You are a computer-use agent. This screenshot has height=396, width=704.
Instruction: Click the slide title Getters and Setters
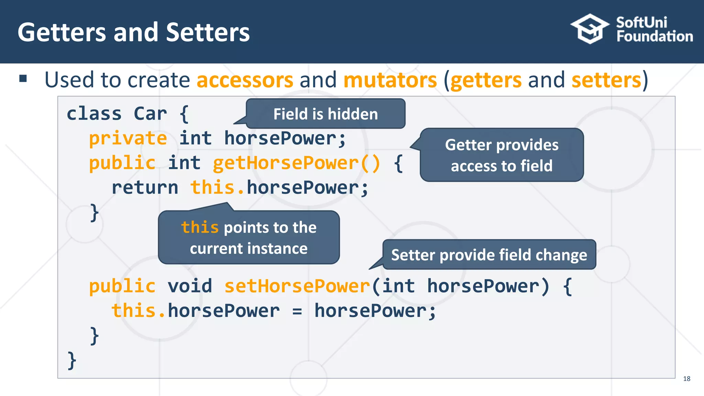click(134, 32)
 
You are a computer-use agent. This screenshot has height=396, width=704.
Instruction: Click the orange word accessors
click(245, 80)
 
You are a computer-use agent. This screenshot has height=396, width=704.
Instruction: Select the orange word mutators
click(390, 80)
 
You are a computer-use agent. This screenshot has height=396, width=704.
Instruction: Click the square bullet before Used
click(23, 79)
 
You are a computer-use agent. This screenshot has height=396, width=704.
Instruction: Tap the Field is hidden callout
click(326, 114)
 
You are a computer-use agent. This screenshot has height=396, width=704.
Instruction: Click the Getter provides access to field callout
click(502, 155)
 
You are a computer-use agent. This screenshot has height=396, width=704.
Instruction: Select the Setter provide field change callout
click(489, 255)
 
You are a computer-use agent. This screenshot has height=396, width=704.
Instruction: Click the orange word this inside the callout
click(200, 227)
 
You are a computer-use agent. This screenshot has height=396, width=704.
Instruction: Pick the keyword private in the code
click(128, 139)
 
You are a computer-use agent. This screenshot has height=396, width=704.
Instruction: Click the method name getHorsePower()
click(296, 163)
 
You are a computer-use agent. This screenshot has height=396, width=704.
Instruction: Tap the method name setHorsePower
click(297, 286)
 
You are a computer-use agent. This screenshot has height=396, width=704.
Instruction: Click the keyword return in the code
click(145, 188)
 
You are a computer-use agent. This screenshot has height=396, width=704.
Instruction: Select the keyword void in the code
click(190, 286)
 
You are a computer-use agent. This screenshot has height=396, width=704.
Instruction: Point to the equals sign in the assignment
click(297, 311)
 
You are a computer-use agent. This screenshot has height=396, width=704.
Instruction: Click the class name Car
click(150, 113)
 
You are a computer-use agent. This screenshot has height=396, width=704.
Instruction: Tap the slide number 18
click(686, 378)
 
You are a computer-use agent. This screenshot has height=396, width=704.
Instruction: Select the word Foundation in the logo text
click(654, 36)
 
